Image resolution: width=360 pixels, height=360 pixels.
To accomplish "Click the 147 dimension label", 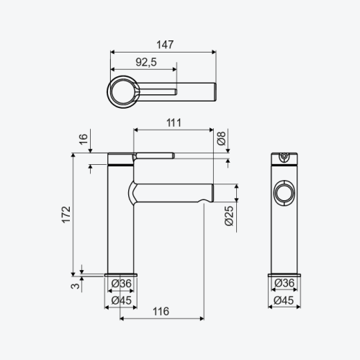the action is pyautogui.click(x=165, y=45).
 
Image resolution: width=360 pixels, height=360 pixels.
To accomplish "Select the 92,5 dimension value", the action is pyautogui.click(x=146, y=62).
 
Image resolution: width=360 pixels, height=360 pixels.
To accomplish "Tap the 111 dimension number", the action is pyautogui.click(x=174, y=123).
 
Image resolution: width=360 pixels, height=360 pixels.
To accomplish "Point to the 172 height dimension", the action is pyautogui.click(x=66, y=215).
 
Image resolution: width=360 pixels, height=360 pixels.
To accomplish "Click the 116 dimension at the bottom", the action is pyautogui.click(x=161, y=312).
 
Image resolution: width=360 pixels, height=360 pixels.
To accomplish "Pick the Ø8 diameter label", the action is pyautogui.click(x=222, y=138).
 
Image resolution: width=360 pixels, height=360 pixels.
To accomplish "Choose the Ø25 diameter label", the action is pyautogui.click(x=229, y=216).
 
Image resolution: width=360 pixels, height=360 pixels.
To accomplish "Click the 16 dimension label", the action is pyautogui.click(x=84, y=139).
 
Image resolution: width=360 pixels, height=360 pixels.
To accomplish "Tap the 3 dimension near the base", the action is pyautogui.click(x=76, y=286).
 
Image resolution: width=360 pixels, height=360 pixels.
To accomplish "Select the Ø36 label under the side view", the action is pyautogui.click(x=122, y=284).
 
